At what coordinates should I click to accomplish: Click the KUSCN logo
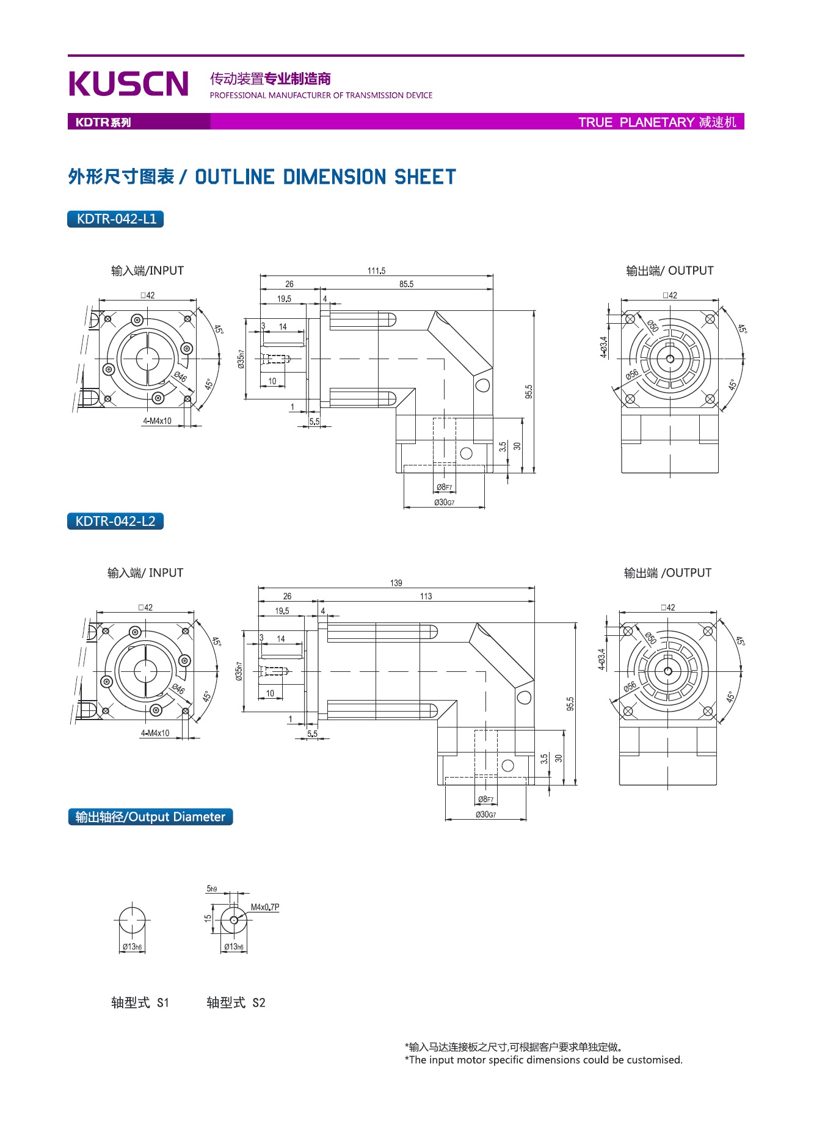129,84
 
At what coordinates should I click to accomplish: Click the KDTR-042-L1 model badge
115,219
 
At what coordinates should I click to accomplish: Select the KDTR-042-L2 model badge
115,521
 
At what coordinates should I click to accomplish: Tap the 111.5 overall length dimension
376,271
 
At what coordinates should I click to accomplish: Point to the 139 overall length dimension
396,583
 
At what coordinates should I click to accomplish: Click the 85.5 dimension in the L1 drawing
406,284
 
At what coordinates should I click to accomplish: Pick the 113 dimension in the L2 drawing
426,596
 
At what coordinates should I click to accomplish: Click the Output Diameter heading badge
150,817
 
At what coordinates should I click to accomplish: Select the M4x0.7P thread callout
265,907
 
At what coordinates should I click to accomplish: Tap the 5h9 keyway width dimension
212,889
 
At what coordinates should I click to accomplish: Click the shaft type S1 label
140,1002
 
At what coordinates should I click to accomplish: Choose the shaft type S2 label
236,1002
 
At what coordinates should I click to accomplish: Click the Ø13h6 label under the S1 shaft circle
132,947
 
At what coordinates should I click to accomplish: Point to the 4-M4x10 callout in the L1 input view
157,421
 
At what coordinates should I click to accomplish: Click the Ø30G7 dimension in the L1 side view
444,502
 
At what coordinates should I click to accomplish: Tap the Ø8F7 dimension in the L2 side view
486,799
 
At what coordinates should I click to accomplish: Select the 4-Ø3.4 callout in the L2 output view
601,659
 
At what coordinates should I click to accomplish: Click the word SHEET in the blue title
425,177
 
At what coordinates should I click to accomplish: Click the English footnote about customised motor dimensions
543,1060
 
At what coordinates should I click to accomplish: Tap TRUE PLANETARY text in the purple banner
636,122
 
